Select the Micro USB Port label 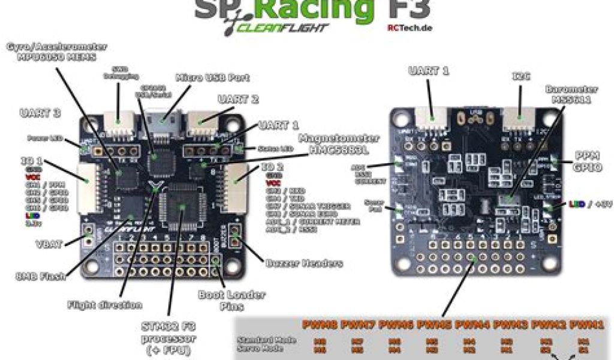tap(212, 78)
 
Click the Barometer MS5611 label tap(568, 94)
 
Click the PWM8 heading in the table tap(320, 325)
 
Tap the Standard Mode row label tap(264, 340)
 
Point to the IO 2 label tap(272, 167)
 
